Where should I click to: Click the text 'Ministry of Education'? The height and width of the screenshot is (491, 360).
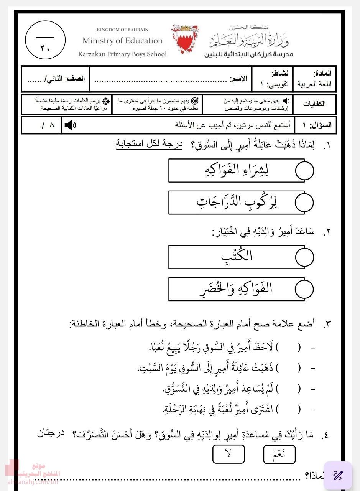coord(122,41)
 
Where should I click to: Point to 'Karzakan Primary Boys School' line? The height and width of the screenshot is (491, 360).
coord(122,54)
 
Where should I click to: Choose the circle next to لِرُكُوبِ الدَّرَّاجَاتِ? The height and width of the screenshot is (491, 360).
coord(304,203)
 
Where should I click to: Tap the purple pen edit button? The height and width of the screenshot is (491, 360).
coord(337,475)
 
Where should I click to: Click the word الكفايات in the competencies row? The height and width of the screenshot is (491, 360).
coord(314,104)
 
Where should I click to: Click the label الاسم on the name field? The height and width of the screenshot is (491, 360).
coord(238,79)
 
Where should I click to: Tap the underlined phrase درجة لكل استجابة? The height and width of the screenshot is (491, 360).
coord(149,145)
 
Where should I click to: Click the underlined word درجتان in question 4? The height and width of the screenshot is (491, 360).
coord(51,433)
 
